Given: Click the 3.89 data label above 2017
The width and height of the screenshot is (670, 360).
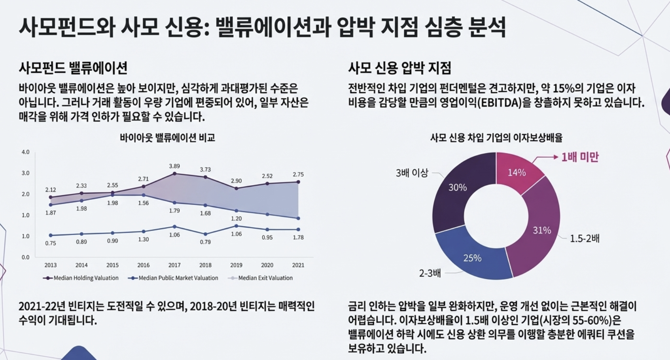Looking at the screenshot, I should (x=174, y=166).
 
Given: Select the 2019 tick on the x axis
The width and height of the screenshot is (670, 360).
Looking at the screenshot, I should (x=236, y=265).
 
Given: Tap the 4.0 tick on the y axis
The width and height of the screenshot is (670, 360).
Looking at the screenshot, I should (x=25, y=152).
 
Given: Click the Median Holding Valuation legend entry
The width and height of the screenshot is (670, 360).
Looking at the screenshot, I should (x=81, y=278).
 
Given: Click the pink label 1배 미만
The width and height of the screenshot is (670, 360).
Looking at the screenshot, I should (x=580, y=157).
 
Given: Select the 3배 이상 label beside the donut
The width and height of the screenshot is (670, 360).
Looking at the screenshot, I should (x=412, y=173).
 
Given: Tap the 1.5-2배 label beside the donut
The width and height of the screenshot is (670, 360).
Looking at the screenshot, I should (x=585, y=239).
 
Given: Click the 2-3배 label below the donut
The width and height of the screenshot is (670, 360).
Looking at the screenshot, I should (x=430, y=273).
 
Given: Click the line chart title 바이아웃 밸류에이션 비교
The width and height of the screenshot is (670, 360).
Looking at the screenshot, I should (x=167, y=138).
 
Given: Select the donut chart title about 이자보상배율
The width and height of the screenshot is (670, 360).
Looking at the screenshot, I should (x=496, y=138).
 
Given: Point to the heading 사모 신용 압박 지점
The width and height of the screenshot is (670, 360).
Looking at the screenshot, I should (x=399, y=68).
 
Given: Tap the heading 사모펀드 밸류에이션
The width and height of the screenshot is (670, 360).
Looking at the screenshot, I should (x=73, y=68).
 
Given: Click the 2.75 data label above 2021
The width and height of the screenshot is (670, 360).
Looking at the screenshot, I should (x=298, y=174).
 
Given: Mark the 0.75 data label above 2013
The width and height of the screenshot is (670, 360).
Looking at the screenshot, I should (x=50, y=243).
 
